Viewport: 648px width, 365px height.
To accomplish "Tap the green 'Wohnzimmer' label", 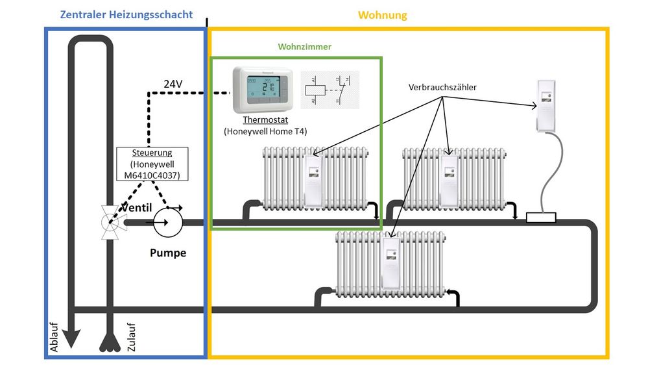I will point(304,47).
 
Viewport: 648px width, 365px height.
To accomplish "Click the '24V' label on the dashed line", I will point(173,84).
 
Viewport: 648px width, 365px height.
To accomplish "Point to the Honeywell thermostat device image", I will point(263,89).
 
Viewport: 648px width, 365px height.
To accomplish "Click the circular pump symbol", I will point(168,222).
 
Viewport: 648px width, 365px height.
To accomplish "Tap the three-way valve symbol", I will point(107,223).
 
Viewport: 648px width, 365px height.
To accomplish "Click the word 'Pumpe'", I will point(168,253).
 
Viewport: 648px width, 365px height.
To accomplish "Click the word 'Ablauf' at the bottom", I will point(54,338).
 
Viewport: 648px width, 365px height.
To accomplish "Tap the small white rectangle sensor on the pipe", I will point(541,218).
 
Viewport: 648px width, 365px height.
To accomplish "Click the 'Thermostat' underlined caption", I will point(265,120).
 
